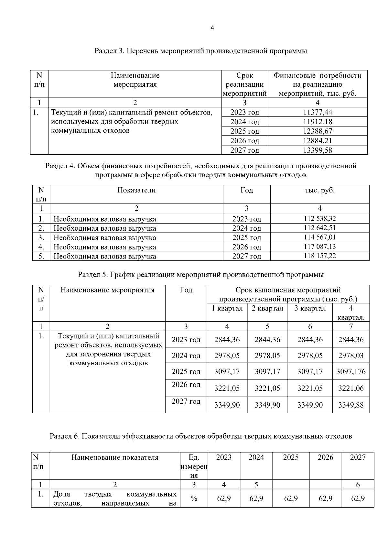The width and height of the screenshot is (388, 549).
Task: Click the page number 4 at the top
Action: point(212,28)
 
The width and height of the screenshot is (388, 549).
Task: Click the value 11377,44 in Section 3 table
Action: point(318,112)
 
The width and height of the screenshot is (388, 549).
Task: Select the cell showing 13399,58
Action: point(318,150)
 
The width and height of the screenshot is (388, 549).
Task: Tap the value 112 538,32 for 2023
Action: point(319,218)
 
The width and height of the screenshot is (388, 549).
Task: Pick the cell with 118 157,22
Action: point(319,256)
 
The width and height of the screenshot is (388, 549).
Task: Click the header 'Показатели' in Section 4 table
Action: point(136,190)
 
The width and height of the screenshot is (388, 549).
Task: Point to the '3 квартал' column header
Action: point(310,308)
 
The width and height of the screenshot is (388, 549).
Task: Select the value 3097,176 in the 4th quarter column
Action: point(351,371)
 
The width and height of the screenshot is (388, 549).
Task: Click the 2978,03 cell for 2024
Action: point(351,356)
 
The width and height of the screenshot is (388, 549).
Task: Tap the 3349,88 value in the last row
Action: point(351,405)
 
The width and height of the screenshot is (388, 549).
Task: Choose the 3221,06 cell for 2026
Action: point(351,388)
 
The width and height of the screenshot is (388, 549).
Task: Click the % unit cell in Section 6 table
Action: point(194,499)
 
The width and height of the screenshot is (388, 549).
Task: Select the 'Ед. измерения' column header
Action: point(194,466)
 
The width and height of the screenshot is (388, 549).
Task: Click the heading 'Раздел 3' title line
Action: point(200,51)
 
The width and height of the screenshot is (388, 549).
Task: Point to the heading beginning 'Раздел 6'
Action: point(200,436)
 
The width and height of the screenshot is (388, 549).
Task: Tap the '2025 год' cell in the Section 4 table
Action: point(246,237)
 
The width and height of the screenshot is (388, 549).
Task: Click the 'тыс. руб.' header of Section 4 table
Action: point(319,190)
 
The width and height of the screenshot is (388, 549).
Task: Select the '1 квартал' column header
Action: point(227,308)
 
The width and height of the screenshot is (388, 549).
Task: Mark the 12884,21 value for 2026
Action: point(318,141)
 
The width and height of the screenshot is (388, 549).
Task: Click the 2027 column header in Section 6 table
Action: point(358,457)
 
